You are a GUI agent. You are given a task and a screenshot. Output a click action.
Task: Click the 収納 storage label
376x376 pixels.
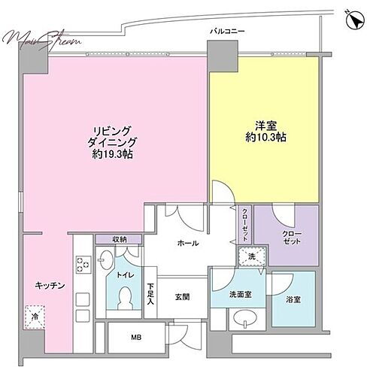coord(120,239)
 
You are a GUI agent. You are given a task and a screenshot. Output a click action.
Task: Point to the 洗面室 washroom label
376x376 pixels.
coord(241,295)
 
